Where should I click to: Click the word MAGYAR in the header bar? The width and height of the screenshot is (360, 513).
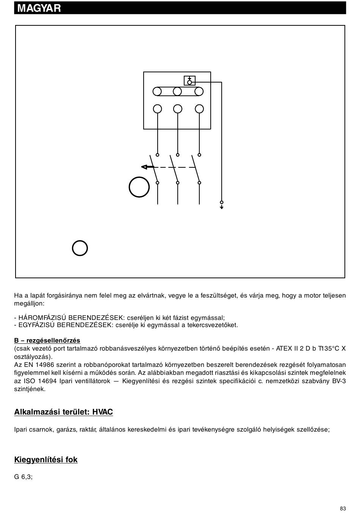coord(39,8)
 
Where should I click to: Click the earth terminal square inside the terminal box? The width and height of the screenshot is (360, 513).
coord(189,81)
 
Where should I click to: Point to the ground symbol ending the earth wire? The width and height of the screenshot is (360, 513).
coord(222,206)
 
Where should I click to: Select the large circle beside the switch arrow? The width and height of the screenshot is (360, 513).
coord(139,187)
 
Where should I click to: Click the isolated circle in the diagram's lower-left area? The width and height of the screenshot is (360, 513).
coord(80,248)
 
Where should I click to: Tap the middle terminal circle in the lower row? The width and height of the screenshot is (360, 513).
coord(177,109)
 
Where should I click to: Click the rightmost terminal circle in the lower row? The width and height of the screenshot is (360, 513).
coord(199,109)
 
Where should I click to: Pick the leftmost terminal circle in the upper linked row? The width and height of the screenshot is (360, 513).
coord(157,91)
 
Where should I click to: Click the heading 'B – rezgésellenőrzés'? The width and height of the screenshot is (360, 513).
coord(47,340)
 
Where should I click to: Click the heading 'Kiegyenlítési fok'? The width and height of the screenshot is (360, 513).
coord(46,460)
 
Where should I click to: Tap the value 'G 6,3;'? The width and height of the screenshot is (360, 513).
coord(23,477)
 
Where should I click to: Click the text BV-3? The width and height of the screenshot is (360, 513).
coord(339,381)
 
